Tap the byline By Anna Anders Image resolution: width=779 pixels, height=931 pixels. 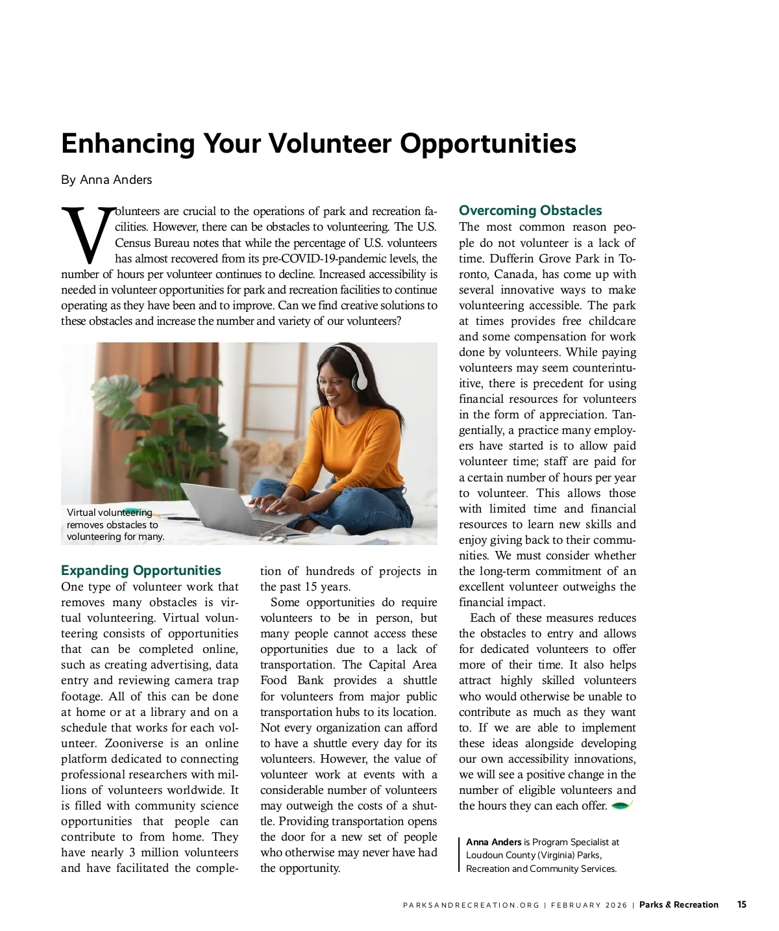106,180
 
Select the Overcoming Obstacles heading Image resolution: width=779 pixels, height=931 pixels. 530,210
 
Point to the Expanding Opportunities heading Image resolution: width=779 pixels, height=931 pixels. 141,570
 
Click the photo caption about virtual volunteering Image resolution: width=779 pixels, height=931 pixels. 115,524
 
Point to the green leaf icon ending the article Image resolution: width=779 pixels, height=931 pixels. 622,806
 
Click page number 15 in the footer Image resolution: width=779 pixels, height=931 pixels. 741,904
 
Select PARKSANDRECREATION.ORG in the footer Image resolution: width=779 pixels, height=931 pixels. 471,905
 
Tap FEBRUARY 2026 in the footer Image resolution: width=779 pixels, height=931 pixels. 589,905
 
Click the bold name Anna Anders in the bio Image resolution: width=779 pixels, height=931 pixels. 493,842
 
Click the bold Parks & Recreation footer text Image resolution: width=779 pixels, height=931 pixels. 678,904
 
